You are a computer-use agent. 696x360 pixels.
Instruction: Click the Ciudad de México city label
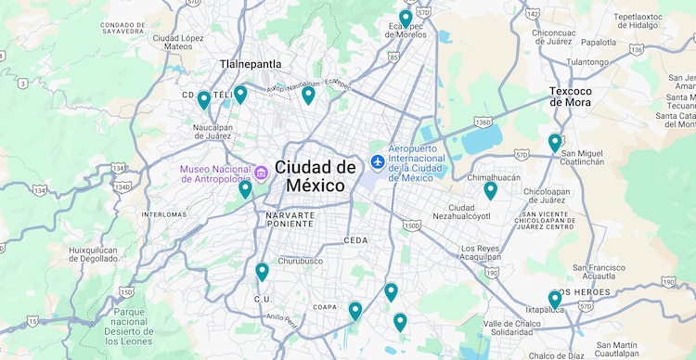coord(316,175)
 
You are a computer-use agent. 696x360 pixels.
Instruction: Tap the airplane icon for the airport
coord(378,161)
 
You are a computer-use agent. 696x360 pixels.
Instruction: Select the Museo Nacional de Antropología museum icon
coord(261,173)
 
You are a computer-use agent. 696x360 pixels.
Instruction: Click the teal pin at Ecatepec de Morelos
coord(406,18)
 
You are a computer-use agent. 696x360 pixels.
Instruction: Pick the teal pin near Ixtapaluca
coord(555,299)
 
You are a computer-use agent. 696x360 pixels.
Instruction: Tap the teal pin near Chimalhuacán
coord(490,190)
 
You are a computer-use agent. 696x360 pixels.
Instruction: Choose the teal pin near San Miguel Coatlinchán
coord(555,142)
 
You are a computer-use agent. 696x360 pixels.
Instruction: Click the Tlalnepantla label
coord(251,64)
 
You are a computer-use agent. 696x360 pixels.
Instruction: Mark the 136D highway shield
coord(483,122)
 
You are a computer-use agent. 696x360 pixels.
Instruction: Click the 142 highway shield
coord(532,14)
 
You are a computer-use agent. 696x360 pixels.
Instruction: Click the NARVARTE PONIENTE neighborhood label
coord(290,219)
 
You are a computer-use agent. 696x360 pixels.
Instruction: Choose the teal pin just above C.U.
coord(262,271)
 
